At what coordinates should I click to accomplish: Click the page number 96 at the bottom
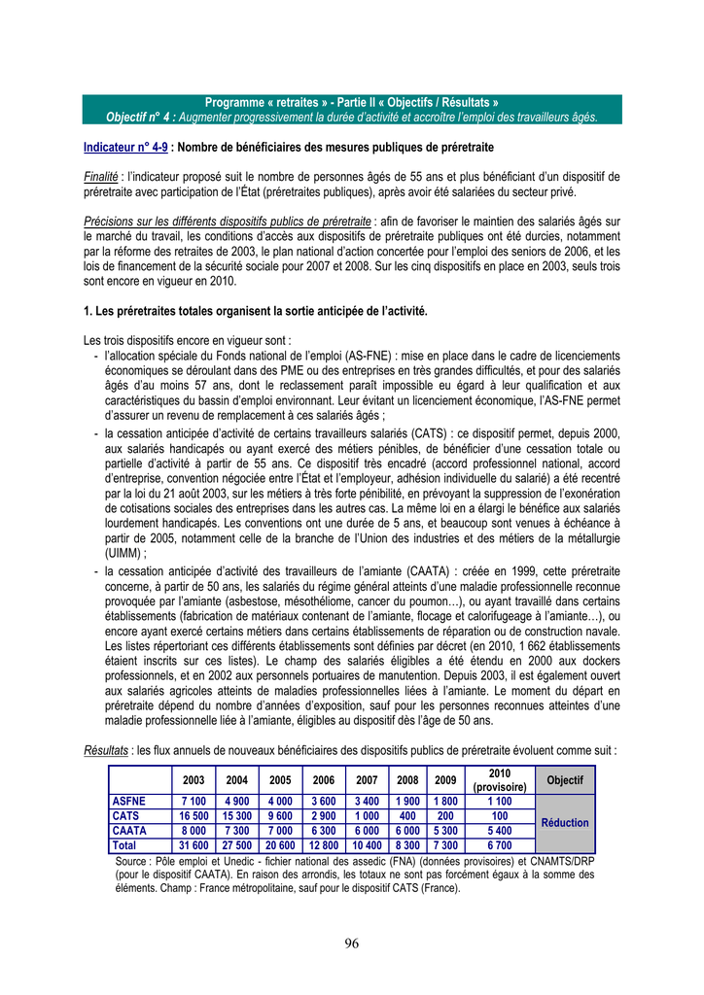352,943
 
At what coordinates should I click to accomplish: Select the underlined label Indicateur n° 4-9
125,147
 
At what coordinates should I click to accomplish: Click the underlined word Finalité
101,177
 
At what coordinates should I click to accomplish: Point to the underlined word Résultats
106,750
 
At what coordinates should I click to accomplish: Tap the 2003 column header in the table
194,780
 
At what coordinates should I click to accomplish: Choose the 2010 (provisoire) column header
500,780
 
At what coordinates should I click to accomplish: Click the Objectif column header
565,780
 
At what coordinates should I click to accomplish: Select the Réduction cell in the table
565,822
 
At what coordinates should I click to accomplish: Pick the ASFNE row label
130,801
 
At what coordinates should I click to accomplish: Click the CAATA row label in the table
130,831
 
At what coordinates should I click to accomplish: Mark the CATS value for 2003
194,816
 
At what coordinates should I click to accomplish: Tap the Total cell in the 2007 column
367,846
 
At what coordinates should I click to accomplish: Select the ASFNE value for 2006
324,801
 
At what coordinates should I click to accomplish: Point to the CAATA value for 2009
444,831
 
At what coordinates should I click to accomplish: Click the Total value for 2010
500,846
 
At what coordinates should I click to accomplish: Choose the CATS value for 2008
407,816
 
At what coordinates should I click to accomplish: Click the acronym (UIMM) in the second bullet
124,551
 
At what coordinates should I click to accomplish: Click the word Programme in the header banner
234,102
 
